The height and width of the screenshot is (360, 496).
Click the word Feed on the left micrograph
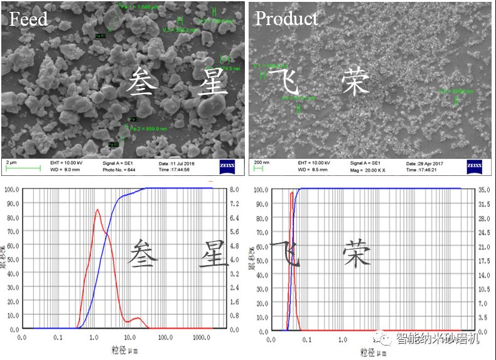coord(28,19)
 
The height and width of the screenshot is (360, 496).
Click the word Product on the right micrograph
coord(286,19)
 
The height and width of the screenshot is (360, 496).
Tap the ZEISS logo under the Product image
coord(475,166)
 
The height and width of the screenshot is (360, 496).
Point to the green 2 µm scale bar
coord(23,167)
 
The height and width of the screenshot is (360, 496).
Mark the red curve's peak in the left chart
coord(97,210)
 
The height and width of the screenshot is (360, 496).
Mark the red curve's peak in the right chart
coord(291,192)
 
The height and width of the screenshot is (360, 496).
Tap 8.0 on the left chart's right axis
coord(234,189)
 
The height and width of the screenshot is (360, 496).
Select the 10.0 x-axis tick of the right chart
coord(414,340)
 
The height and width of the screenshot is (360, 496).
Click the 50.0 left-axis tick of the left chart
coord(11,259)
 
